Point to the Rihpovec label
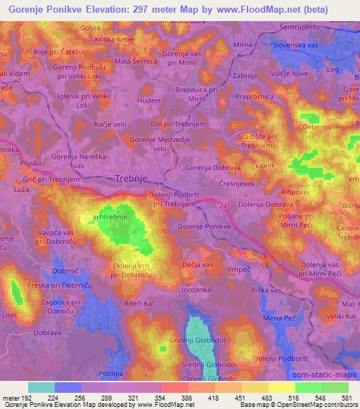pos(296,190)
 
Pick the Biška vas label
pos(266,290)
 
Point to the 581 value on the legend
pos(346,396)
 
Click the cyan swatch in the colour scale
pos(41,387)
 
